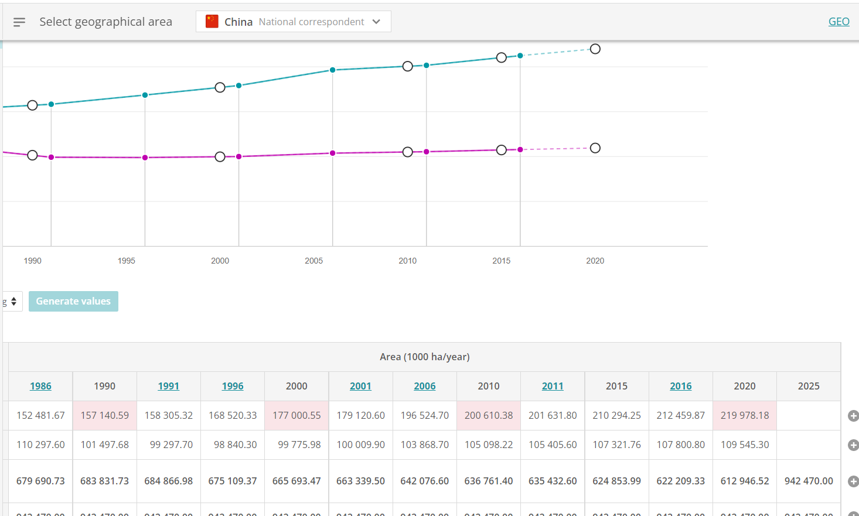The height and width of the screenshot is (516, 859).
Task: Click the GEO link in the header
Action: click(x=838, y=22)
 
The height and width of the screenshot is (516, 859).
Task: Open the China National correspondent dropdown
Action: click(x=294, y=22)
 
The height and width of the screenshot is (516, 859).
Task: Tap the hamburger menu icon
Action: click(x=19, y=22)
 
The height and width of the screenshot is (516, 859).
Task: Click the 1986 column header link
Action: click(x=40, y=386)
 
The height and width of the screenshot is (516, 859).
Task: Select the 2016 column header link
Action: click(x=680, y=386)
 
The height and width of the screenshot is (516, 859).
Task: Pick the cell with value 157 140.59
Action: click(x=104, y=415)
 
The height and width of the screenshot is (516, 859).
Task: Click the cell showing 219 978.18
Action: click(x=744, y=415)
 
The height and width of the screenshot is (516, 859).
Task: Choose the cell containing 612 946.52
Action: click(x=744, y=481)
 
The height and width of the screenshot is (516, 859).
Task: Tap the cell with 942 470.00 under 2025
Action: click(x=808, y=481)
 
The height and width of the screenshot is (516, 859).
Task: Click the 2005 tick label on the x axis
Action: click(x=313, y=261)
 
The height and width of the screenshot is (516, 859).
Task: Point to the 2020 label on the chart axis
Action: click(x=595, y=261)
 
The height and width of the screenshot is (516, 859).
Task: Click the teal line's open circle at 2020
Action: click(x=595, y=49)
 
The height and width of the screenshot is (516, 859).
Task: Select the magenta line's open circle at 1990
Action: click(x=33, y=155)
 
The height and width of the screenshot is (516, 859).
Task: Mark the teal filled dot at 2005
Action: click(x=332, y=70)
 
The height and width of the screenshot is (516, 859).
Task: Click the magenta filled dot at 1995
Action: click(x=145, y=158)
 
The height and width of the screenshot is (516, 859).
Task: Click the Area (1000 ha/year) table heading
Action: click(x=424, y=357)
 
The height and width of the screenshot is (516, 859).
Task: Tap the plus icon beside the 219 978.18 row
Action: click(x=853, y=416)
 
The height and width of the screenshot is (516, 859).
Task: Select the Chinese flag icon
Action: click(x=212, y=22)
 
